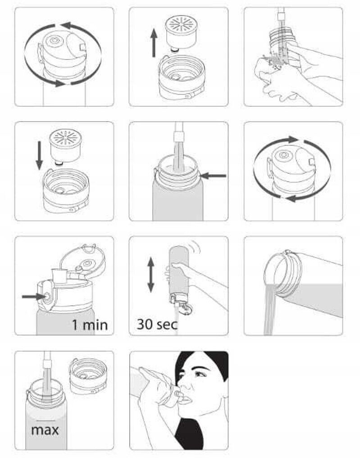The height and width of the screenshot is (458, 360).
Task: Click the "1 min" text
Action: pyautogui.click(x=90, y=325)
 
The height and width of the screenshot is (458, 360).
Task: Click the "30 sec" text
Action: pyautogui.click(x=157, y=324)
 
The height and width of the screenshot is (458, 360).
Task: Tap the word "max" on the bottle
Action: pyautogui.click(x=45, y=430)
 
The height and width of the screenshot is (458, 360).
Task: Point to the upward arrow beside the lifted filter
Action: pyautogui.click(x=154, y=43)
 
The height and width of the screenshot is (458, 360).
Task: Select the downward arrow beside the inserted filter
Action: pyautogui.click(x=40, y=156)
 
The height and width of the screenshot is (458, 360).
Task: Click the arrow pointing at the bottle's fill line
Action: pyautogui.click(x=213, y=176)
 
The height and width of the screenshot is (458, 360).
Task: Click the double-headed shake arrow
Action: pyautogui.click(x=151, y=275)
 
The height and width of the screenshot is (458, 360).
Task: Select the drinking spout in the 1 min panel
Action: pyautogui.click(x=59, y=276)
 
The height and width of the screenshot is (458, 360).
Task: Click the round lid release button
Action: pyautogui.click(x=46, y=296)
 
